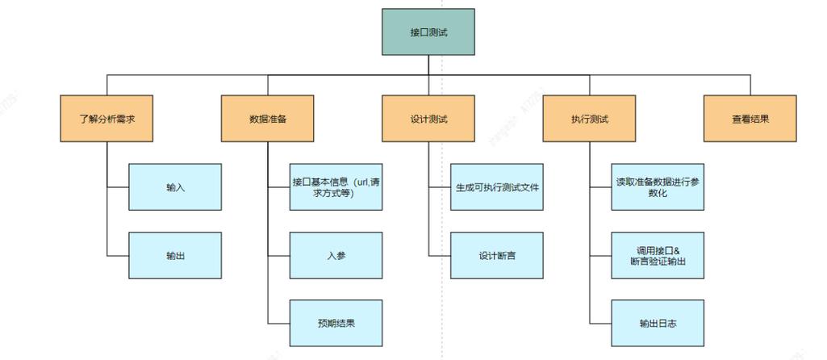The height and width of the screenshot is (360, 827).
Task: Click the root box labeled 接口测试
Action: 428,32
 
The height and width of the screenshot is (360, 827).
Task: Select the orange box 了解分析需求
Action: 107,119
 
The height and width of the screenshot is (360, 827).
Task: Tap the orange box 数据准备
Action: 268,119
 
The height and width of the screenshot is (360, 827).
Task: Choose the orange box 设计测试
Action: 428,119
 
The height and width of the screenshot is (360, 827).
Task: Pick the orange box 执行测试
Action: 589,119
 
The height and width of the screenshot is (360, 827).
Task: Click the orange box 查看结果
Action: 750,119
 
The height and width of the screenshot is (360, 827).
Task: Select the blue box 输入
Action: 175,187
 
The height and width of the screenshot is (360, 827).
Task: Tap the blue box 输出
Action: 175,256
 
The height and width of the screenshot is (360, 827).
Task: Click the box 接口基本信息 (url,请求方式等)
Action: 336,187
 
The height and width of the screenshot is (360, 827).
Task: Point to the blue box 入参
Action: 336,256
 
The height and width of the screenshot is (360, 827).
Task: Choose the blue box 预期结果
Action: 336,323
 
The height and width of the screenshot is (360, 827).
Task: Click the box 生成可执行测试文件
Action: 496,187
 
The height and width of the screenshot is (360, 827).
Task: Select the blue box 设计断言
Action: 496,256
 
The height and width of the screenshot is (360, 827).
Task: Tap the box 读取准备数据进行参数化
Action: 658,187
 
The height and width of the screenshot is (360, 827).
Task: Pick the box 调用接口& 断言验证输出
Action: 658,256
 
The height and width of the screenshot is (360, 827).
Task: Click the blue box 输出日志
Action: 658,323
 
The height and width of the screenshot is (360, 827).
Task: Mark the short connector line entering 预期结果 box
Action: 279,324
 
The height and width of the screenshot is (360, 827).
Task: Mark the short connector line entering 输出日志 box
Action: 601,324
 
